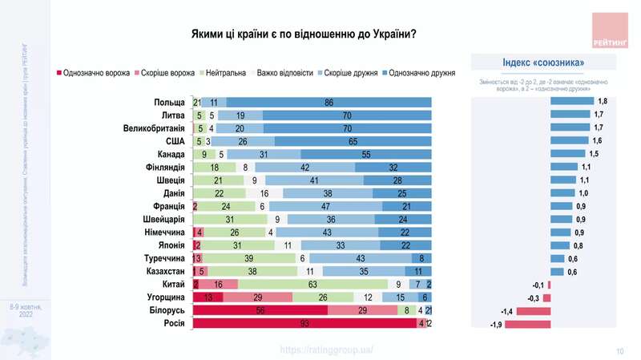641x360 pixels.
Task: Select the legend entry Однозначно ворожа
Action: [x=89, y=73]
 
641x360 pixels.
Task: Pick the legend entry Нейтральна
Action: [x=224, y=73]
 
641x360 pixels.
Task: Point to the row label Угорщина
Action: [x=166, y=296]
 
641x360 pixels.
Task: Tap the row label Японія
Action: [x=171, y=245]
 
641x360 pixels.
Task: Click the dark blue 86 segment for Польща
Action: [x=329, y=102]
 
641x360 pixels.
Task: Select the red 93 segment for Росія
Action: [x=303, y=324]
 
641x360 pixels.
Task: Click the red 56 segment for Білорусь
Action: [x=260, y=309]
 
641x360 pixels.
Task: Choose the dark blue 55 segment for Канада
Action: [x=366, y=154]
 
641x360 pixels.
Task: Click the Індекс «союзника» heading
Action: [x=543, y=62]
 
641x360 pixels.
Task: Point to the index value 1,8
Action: [x=603, y=102]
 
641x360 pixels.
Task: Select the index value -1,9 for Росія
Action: [x=484, y=324]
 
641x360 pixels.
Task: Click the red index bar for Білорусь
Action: [x=522, y=310]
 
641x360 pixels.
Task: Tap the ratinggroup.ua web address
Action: [x=326, y=350]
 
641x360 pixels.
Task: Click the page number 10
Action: [x=619, y=350]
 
